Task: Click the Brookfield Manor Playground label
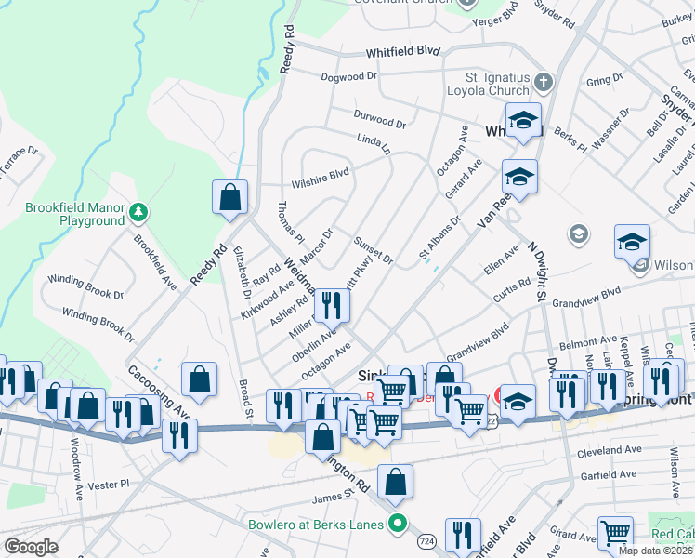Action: point(62,214)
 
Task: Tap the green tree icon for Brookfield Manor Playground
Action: point(138,214)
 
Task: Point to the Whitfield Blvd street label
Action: point(401,52)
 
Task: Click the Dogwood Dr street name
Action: point(348,77)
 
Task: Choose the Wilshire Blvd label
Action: point(320,172)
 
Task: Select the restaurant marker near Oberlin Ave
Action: point(332,304)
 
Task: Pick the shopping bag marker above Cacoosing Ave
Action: point(199,379)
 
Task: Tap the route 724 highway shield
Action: point(426,540)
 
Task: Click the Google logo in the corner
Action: point(31,547)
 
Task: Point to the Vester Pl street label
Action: point(109,484)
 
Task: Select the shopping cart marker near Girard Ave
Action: point(615,534)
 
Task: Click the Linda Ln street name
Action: point(374,142)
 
